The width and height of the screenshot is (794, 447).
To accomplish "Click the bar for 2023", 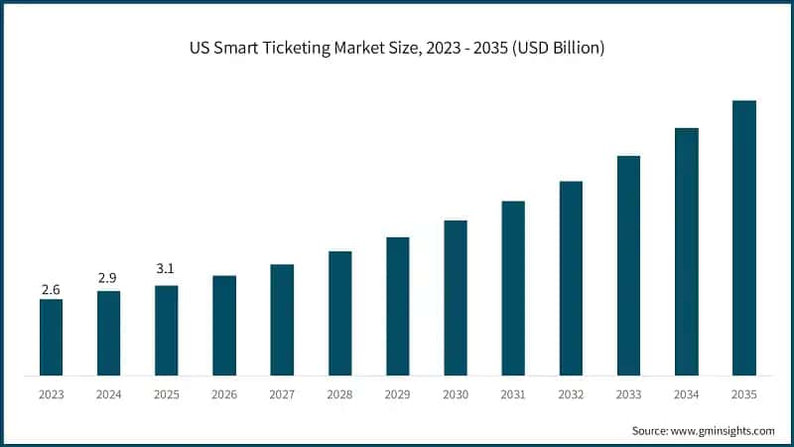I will pyautogui.click(x=51, y=338).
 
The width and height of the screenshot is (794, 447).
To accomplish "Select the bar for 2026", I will pyautogui.click(x=224, y=326).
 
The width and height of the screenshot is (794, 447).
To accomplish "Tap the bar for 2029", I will pyautogui.click(x=397, y=306).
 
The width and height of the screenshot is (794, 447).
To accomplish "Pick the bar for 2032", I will pyautogui.click(x=571, y=278).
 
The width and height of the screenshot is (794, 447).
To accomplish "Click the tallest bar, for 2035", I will pyautogui.click(x=743, y=238).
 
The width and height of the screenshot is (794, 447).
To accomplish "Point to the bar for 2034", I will pyautogui.click(x=686, y=252).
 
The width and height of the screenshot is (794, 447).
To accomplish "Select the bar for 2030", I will pyautogui.click(x=456, y=298).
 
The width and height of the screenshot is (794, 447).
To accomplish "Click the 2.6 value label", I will pyautogui.click(x=51, y=289).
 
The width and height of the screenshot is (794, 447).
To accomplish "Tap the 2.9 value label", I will pyautogui.click(x=108, y=279).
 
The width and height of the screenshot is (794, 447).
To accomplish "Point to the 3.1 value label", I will pyautogui.click(x=166, y=268).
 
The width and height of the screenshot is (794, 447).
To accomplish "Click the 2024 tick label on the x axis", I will pyautogui.click(x=108, y=394).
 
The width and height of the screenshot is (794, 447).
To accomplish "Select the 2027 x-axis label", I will pyautogui.click(x=282, y=394).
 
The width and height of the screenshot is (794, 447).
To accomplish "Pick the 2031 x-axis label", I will pyautogui.click(x=513, y=394).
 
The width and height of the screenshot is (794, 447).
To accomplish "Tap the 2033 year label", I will pyautogui.click(x=628, y=394).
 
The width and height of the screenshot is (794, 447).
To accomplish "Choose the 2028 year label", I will pyautogui.click(x=339, y=394).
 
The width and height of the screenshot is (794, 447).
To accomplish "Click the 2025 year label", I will pyautogui.click(x=166, y=394).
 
